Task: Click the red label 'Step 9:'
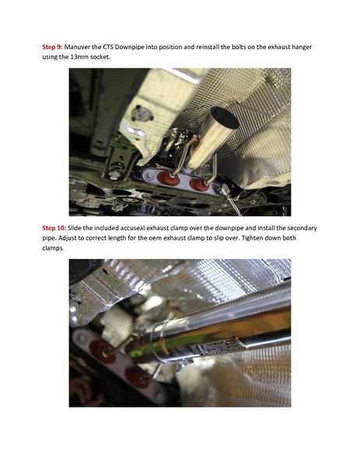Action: pos(54,47)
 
